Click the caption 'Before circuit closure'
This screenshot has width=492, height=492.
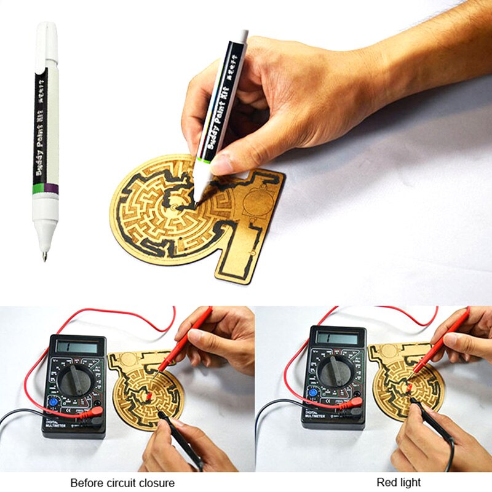122,483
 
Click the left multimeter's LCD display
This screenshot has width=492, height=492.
76,347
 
